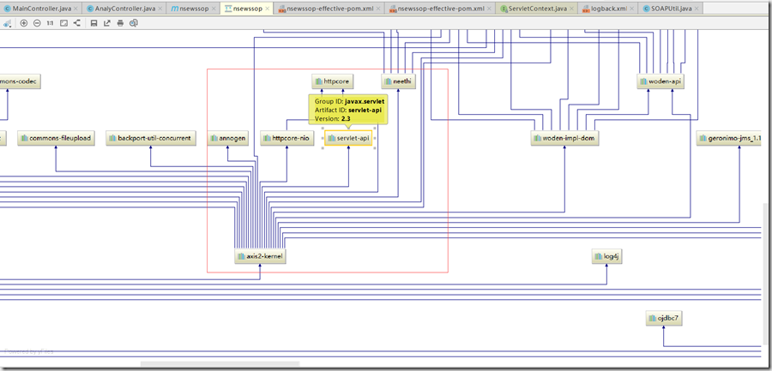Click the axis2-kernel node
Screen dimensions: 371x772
tap(260, 256)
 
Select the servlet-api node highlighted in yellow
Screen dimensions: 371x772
tap(348, 138)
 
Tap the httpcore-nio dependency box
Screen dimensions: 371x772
tap(286, 138)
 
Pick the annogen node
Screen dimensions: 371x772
tap(227, 138)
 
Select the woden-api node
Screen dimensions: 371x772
tap(660, 81)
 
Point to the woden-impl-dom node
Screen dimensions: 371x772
tap(564, 138)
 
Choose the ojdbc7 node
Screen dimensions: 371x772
tap(664, 319)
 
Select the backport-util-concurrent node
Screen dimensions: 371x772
tap(151, 138)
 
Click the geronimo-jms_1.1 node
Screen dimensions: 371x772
tap(729, 138)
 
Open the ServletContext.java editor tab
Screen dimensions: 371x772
tap(537, 8)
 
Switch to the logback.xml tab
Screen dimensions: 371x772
tap(608, 8)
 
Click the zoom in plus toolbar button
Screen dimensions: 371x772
tap(24, 22)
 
